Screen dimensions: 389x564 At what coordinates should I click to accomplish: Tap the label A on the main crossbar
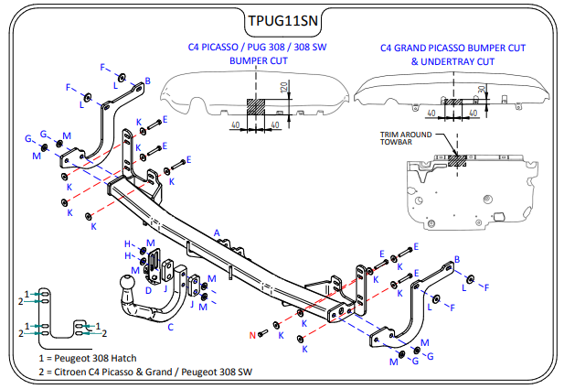click(218, 232)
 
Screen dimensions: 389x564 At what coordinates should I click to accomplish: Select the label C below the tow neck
click(170, 326)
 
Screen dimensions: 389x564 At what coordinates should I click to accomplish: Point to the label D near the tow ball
click(148, 289)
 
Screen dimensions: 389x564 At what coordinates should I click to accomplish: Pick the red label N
click(253, 335)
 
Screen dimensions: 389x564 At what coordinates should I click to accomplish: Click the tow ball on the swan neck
click(126, 286)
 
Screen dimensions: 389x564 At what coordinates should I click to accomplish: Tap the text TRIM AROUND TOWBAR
click(405, 139)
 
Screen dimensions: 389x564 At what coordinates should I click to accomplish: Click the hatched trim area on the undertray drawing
click(457, 159)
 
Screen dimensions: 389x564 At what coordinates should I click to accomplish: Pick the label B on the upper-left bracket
click(147, 81)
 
